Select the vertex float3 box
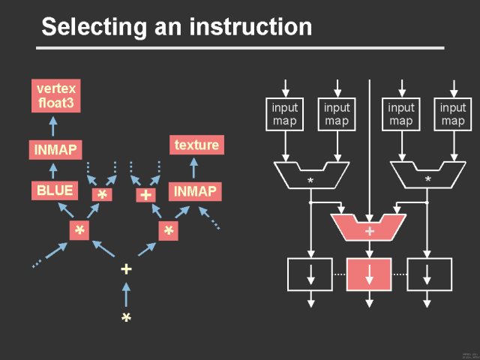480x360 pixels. coord(56,95)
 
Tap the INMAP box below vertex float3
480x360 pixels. coord(55,149)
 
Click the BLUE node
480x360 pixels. coord(55,190)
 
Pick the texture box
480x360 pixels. coord(196,145)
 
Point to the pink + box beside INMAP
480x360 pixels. coord(145,195)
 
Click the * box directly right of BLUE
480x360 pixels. coord(102,195)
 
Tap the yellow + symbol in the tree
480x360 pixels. coord(126,269)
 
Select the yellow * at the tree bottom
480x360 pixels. coord(126,317)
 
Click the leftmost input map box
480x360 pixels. coord(284,114)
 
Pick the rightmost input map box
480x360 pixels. coord(452,114)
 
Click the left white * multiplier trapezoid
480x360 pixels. coord(310,175)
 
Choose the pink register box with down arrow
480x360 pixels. coord(369,274)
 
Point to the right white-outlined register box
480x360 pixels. coord(427,274)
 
